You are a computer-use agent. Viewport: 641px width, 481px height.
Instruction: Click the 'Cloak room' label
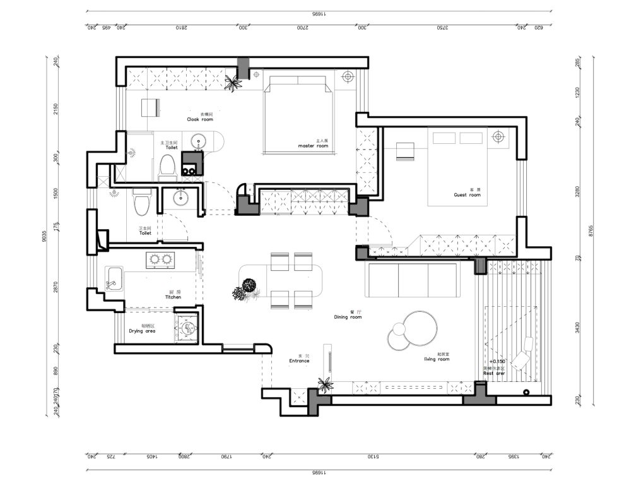click(x=200, y=119)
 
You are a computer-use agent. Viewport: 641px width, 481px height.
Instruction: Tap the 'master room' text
click(x=313, y=146)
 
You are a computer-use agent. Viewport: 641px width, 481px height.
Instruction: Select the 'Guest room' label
click(x=467, y=195)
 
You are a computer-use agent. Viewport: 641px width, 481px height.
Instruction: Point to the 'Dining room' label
click(x=348, y=317)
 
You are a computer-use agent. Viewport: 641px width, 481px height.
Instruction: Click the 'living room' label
click(x=437, y=359)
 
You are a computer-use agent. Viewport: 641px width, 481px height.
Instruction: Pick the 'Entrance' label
click(x=299, y=360)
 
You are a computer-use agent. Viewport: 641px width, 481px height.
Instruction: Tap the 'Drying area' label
click(x=142, y=331)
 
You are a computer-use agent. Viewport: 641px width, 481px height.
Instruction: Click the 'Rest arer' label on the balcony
click(x=494, y=373)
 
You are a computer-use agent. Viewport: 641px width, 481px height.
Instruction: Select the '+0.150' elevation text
click(x=497, y=362)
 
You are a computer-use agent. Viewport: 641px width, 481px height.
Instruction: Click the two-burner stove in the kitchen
click(x=160, y=259)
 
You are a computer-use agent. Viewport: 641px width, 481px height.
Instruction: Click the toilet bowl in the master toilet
click(x=167, y=167)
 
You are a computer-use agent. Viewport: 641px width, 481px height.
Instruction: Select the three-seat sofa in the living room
click(x=413, y=280)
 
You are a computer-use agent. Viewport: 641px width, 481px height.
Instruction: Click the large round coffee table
click(x=419, y=328)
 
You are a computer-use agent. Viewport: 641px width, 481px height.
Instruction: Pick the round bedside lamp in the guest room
click(x=498, y=136)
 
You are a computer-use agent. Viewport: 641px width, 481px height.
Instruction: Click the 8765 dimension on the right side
click(x=591, y=232)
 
